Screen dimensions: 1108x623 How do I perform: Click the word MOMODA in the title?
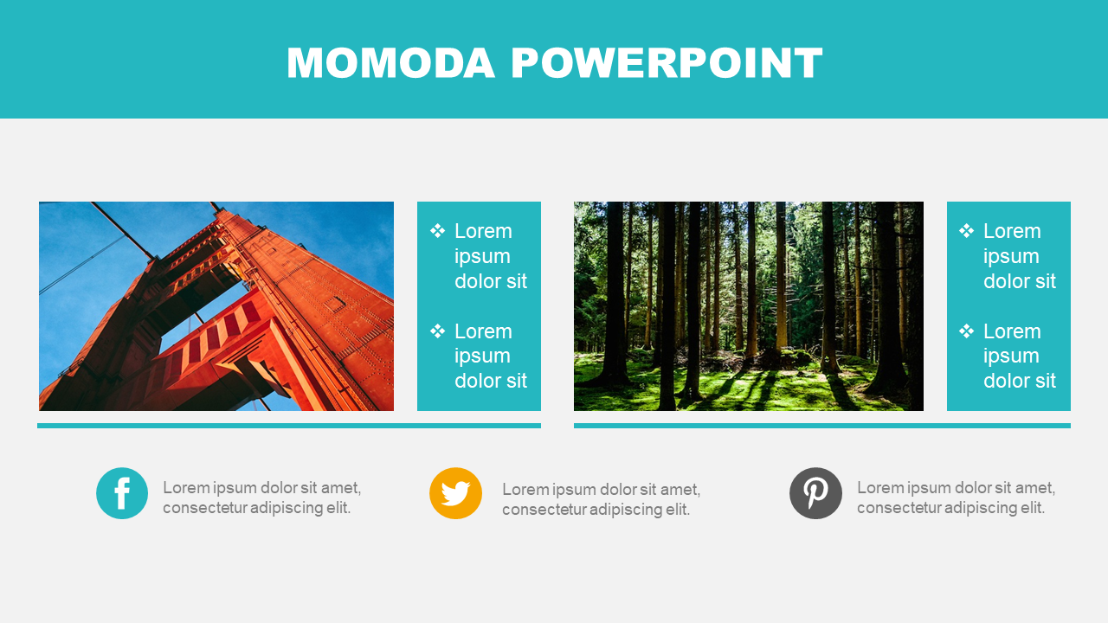tap(390, 63)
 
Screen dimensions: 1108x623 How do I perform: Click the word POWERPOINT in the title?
tap(667, 63)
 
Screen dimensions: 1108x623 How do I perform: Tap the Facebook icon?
tap(122, 493)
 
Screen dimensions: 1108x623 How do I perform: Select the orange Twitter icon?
tap(455, 493)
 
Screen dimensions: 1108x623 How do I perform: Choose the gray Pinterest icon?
tap(815, 493)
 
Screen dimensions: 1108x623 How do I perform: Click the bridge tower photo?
tap(216, 306)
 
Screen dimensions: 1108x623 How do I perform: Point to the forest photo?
tap(749, 306)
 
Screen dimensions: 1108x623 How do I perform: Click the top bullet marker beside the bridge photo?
tap(437, 230)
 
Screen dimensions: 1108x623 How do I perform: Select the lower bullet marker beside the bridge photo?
tap(437, 331)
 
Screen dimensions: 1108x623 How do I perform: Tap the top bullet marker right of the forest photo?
tap(966, 230)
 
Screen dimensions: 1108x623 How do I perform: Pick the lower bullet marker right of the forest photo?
tap(966, 331)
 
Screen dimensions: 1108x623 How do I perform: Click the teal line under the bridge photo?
tap(289, 426)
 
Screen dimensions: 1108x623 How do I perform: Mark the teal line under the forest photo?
tap(822, 426)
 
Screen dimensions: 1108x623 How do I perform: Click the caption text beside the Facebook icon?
tap(262, 498)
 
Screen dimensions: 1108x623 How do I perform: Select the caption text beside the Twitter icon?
tap(602, 499)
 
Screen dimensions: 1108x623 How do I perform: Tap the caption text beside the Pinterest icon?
tap(957, 498)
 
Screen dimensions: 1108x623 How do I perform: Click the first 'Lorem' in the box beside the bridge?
tap(483, 231)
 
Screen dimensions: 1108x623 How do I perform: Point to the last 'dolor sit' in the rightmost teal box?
tap(1020, 381)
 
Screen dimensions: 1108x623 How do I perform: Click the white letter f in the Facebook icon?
tap(122, 493)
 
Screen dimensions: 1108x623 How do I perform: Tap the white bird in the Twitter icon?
tap(455, 493)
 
